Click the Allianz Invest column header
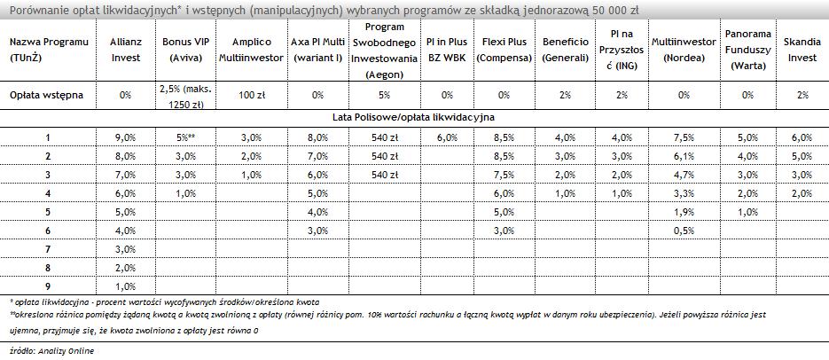[x=126, y=50]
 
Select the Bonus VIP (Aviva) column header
[x=184, y=50]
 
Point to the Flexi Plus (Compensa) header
[x=504, y=50]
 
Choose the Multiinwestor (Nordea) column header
[x=683, y=50]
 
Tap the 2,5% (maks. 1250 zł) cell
[x=184, y=95]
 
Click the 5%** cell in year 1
[x=184, y=137]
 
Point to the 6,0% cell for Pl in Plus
[x=446, y=137]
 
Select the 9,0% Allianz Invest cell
[x=126, y=137]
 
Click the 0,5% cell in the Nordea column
[x=683, y=231]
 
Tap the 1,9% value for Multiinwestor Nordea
[x=683, y=212]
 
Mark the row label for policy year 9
[x=48, y=286]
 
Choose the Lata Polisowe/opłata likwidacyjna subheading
[x=414, y=117]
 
